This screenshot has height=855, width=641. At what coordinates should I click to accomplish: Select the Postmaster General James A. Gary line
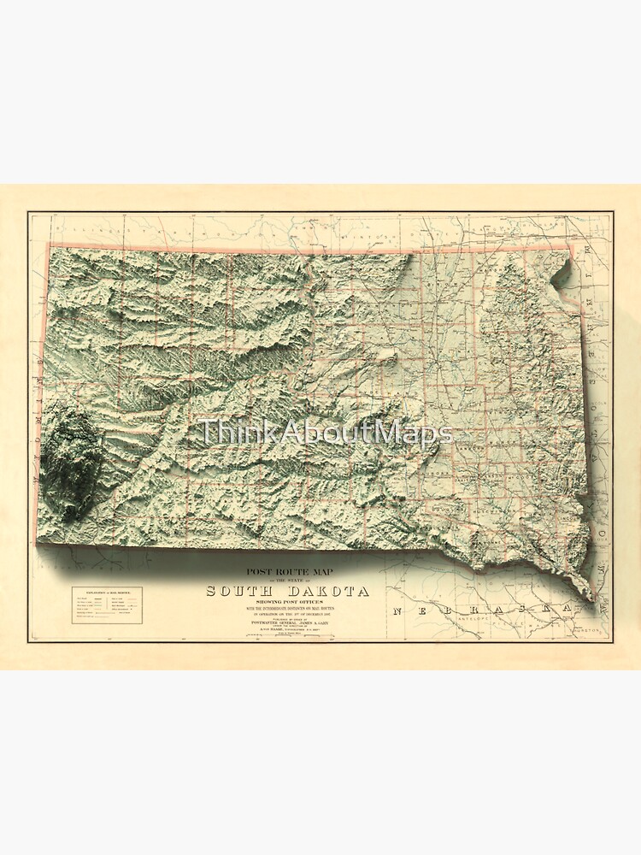(286, 623)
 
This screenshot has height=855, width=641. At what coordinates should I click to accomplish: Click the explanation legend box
(107, 604)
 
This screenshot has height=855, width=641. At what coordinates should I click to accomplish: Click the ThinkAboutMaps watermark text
(325, 432)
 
